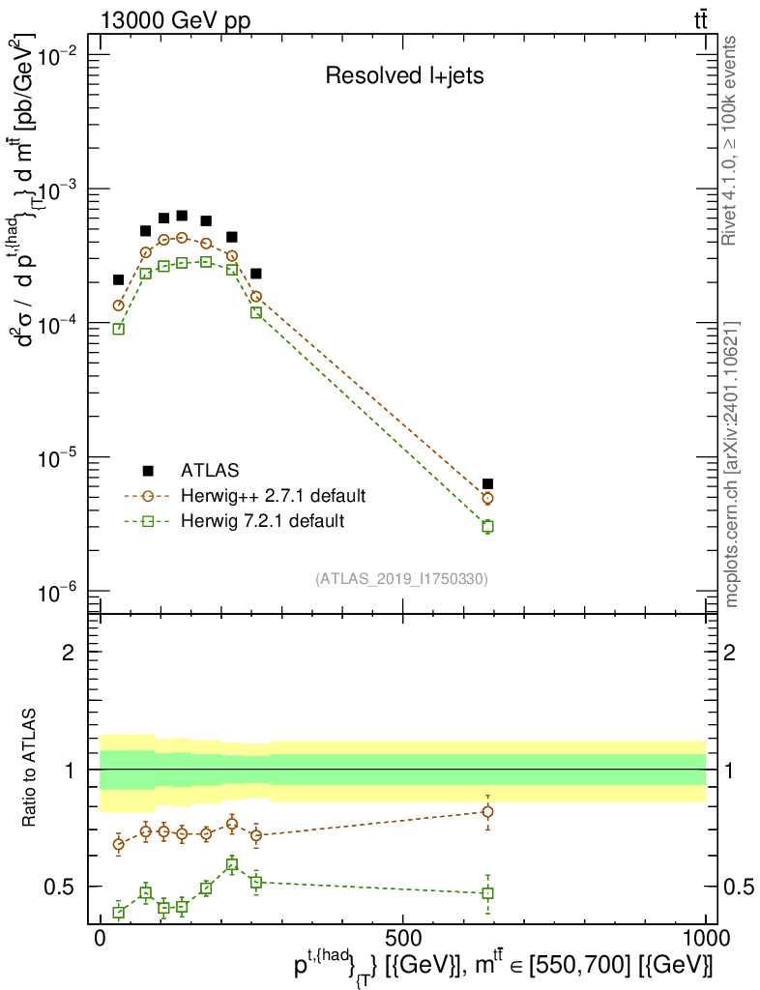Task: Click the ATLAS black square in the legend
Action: (148, 471)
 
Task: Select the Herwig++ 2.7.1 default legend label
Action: (273, 496)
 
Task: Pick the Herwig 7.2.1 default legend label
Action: (262, 521)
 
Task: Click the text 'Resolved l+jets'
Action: (404, 76)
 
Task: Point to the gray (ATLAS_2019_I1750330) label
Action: (401, 579)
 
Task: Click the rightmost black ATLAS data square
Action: (488, 483)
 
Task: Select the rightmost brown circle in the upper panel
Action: (488, 499)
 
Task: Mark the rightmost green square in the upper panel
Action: (488, 527)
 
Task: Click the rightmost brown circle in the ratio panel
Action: (488, 811)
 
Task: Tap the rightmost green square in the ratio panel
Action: (488, 892)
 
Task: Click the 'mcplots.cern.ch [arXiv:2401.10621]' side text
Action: (733, 464)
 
